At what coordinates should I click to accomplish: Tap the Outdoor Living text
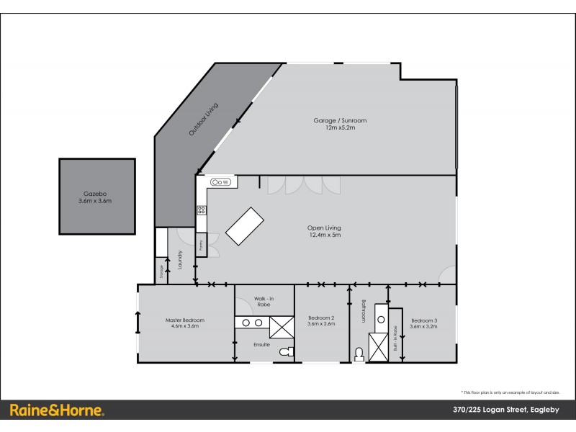[203, 120]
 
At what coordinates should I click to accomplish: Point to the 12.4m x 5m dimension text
[324, 235]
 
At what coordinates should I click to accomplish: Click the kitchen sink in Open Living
[221, 183]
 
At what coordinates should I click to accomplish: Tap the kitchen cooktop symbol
[202, 211]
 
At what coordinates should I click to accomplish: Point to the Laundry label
[175, 259]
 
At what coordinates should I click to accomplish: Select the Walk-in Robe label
[264, 301]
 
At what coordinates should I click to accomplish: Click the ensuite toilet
[288, 351]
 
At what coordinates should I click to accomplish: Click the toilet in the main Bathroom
[359, 354]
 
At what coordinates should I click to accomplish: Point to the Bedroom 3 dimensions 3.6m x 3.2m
[423, 326]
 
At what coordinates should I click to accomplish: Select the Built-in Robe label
[395, 338]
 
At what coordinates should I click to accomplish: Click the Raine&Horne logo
[57, 410]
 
